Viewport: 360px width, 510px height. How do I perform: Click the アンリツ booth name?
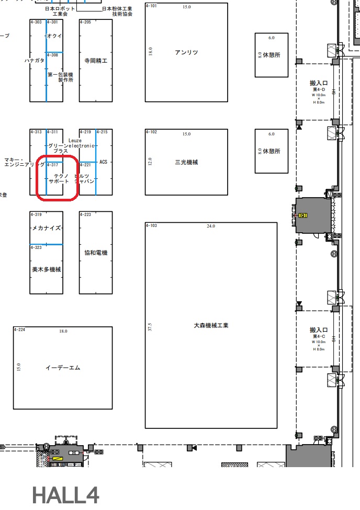[186, 52]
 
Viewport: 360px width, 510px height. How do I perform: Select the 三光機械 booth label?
[186, 162]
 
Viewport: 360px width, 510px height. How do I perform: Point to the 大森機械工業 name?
[211, 325]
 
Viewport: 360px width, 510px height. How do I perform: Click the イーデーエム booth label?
[63, 368]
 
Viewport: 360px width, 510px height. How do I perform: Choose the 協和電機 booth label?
[96, 253]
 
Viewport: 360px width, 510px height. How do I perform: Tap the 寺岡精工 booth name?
[96, 61]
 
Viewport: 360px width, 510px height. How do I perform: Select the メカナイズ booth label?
[47, 229]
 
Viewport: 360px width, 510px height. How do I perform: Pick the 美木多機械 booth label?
[47, 270]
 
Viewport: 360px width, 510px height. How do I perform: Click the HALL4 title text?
[65, 494]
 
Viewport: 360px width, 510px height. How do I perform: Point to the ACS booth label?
[103, 162]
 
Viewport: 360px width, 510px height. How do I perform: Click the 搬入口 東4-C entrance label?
[318, 330]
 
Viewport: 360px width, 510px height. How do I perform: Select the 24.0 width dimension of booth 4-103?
[211, 226]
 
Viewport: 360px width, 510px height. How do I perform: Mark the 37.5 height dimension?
[150, 327]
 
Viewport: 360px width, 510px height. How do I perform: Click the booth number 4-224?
[20, 330]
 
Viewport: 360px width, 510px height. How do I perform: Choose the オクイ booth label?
[54, 36]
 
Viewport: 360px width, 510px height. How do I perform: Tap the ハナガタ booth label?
[35, 61]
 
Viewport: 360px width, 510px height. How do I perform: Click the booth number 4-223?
[85, 214]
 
